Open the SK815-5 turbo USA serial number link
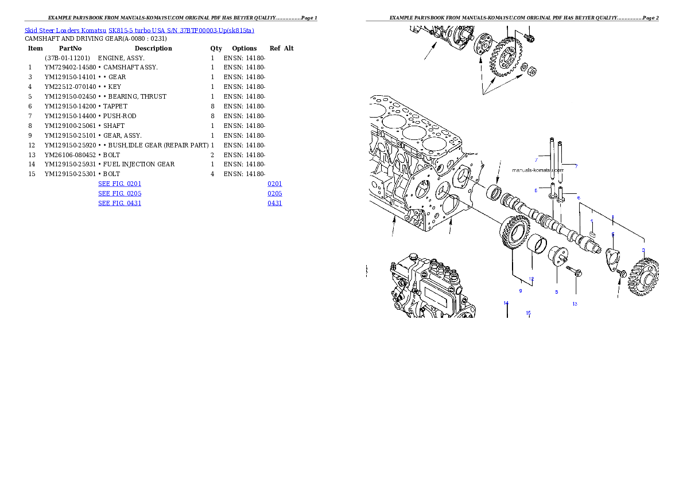[x=181, y=30]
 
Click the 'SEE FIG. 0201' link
[x=119, y=184]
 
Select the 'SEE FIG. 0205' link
[x=119, y=194]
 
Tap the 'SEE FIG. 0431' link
[x=119, y=203]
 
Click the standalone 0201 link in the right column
[x=274, y=184]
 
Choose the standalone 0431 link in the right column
[x=274, y=203]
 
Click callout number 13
[x=575, y=304]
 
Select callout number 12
[x=531, y=279]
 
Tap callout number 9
[x=521, y=291]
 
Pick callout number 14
[x=506, y=303]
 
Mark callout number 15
[x=529, y=313]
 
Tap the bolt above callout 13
[x=574, y=270]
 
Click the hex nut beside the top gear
[x=532, y=71]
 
